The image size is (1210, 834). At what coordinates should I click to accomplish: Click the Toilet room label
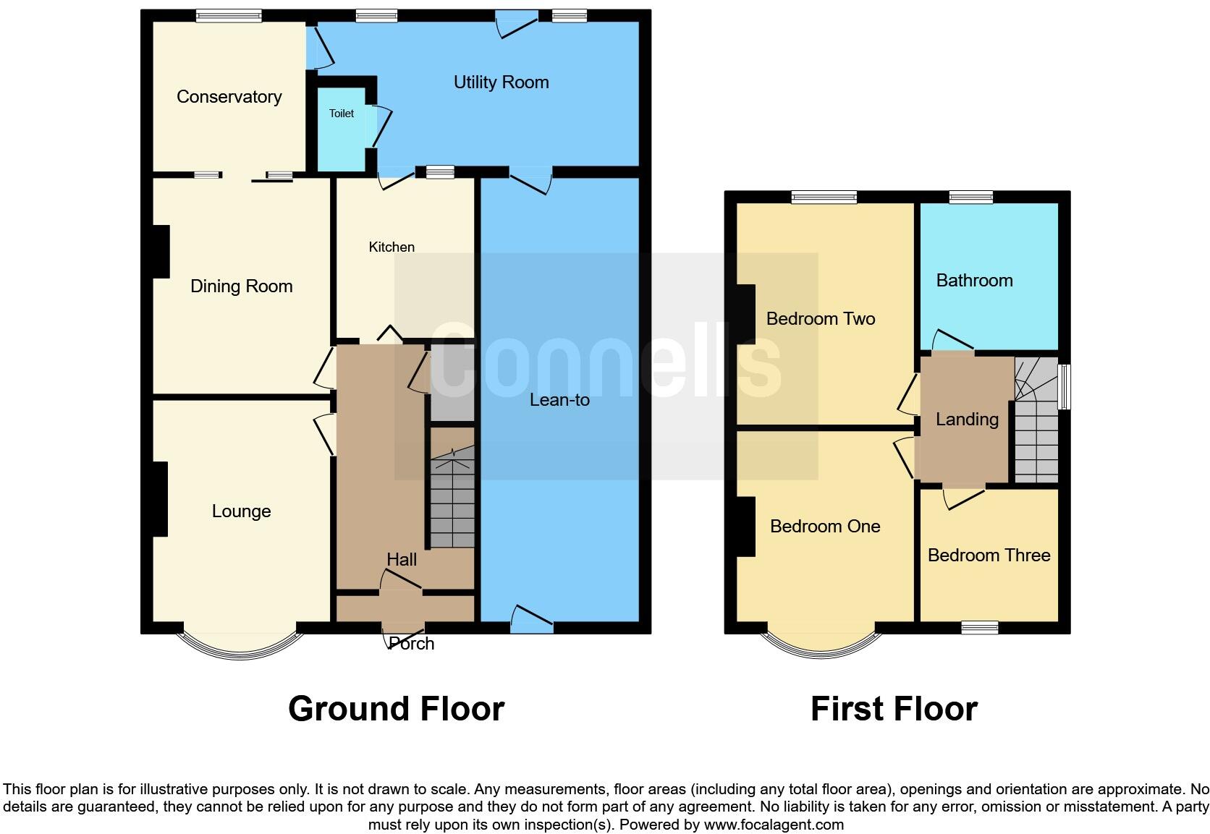click(341, 114)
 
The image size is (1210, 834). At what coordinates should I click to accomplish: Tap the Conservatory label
click(229, 97)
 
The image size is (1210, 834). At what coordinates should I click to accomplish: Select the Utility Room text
click(501, 82)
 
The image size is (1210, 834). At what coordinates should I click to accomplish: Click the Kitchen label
click(392, 247)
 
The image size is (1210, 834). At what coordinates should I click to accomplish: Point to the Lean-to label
click(559, 400)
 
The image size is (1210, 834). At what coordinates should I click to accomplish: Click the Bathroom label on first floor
click(974, 281)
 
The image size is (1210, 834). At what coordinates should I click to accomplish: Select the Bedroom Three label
click(989, 556)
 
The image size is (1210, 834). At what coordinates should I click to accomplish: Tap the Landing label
click(967, 420)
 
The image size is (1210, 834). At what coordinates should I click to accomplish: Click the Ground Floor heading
click(396, 709)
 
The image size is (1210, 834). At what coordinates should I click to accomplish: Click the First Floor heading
click(894, 709)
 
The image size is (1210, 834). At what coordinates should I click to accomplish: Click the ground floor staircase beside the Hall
click(452, 499)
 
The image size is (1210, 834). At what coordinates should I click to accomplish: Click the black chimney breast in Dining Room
click(161, 252)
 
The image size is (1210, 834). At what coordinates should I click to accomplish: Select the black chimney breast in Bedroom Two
click(745, 314)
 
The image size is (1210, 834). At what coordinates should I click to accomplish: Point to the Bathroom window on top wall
click(971, 197)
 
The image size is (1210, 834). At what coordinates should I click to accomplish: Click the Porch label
click(411, 644)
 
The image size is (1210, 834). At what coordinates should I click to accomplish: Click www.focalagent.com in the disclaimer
click(774, 825)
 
